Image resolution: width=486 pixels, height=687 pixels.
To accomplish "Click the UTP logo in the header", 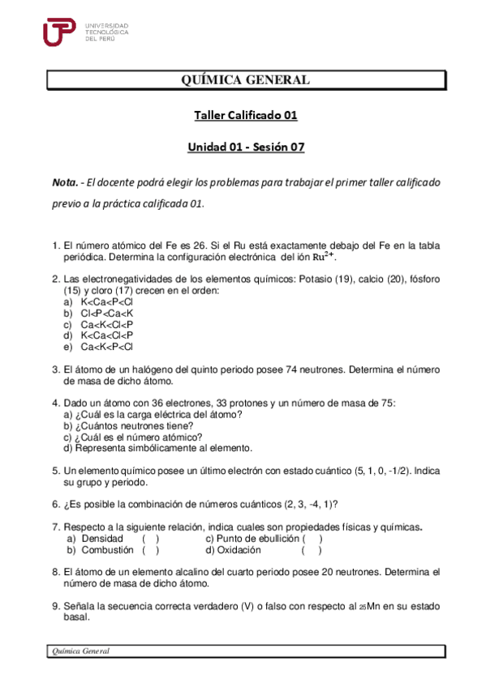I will (60, 33).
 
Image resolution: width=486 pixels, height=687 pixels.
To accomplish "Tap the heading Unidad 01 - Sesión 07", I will (246, 147).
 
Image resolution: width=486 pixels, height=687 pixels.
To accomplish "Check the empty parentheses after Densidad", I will (150, 538).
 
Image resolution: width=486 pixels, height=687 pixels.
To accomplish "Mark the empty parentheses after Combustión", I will (150, 549).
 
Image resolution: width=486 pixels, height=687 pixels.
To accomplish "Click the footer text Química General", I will (80, 651).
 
